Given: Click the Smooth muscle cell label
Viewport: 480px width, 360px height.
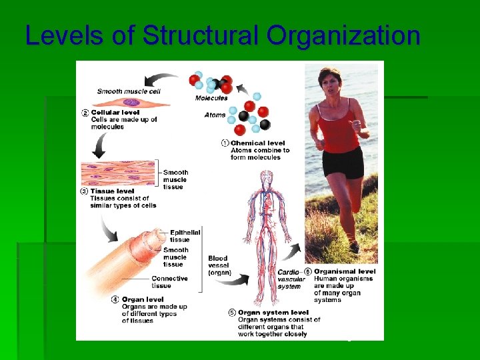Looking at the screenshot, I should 129,91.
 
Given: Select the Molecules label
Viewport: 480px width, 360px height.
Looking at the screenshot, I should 211,99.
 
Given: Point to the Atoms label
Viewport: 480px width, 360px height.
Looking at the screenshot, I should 215,115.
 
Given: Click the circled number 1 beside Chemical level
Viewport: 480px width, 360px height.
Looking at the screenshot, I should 225,143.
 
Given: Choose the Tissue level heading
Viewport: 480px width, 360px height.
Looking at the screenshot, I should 113,191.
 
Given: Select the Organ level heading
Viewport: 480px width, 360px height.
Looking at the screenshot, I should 143,299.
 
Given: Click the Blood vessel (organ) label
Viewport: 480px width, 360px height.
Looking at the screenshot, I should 219,265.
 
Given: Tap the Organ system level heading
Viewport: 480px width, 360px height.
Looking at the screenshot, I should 273,312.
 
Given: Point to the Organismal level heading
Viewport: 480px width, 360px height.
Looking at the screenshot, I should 345,271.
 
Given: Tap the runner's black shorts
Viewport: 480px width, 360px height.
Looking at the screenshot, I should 343,163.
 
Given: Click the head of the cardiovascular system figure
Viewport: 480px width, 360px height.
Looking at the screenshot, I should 267,177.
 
